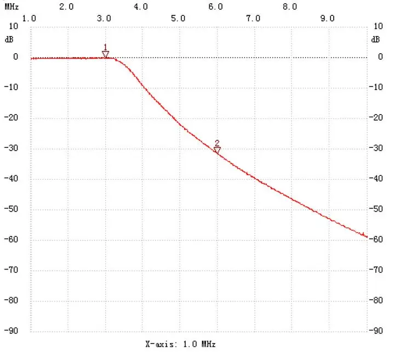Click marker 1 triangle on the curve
pyautogui.click(x=105, y=54)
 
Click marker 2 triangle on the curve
pyautogui.click(x=217, y=149)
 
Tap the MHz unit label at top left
pyautogui.click(x=12, y=7)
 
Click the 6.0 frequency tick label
pyautogui.click(x=215, y=7)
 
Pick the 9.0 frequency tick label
pyautogui.click(x=327, y=18)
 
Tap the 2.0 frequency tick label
pyautogui.click(x=66, y=7)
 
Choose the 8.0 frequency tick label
pyautogui.click(x=290, y=7)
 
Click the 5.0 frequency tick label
pyautogui.click(x=178, y=18)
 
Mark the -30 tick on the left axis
pyautogui.click(x=13, y=148)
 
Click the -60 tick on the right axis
pyautogui.click(x=377, y=239)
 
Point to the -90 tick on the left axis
pyautogui.click(x=13, y=331)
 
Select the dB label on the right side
pyautogui.click(x=375, y=39)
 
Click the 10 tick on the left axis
pyautogui.click(x=13, y=26)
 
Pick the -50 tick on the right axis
pyautogui.click(x=377, y=209)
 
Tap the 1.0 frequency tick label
pyautogui.click(x=29, y=18)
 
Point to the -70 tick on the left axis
pyautogui.click(x=13, y=270)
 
